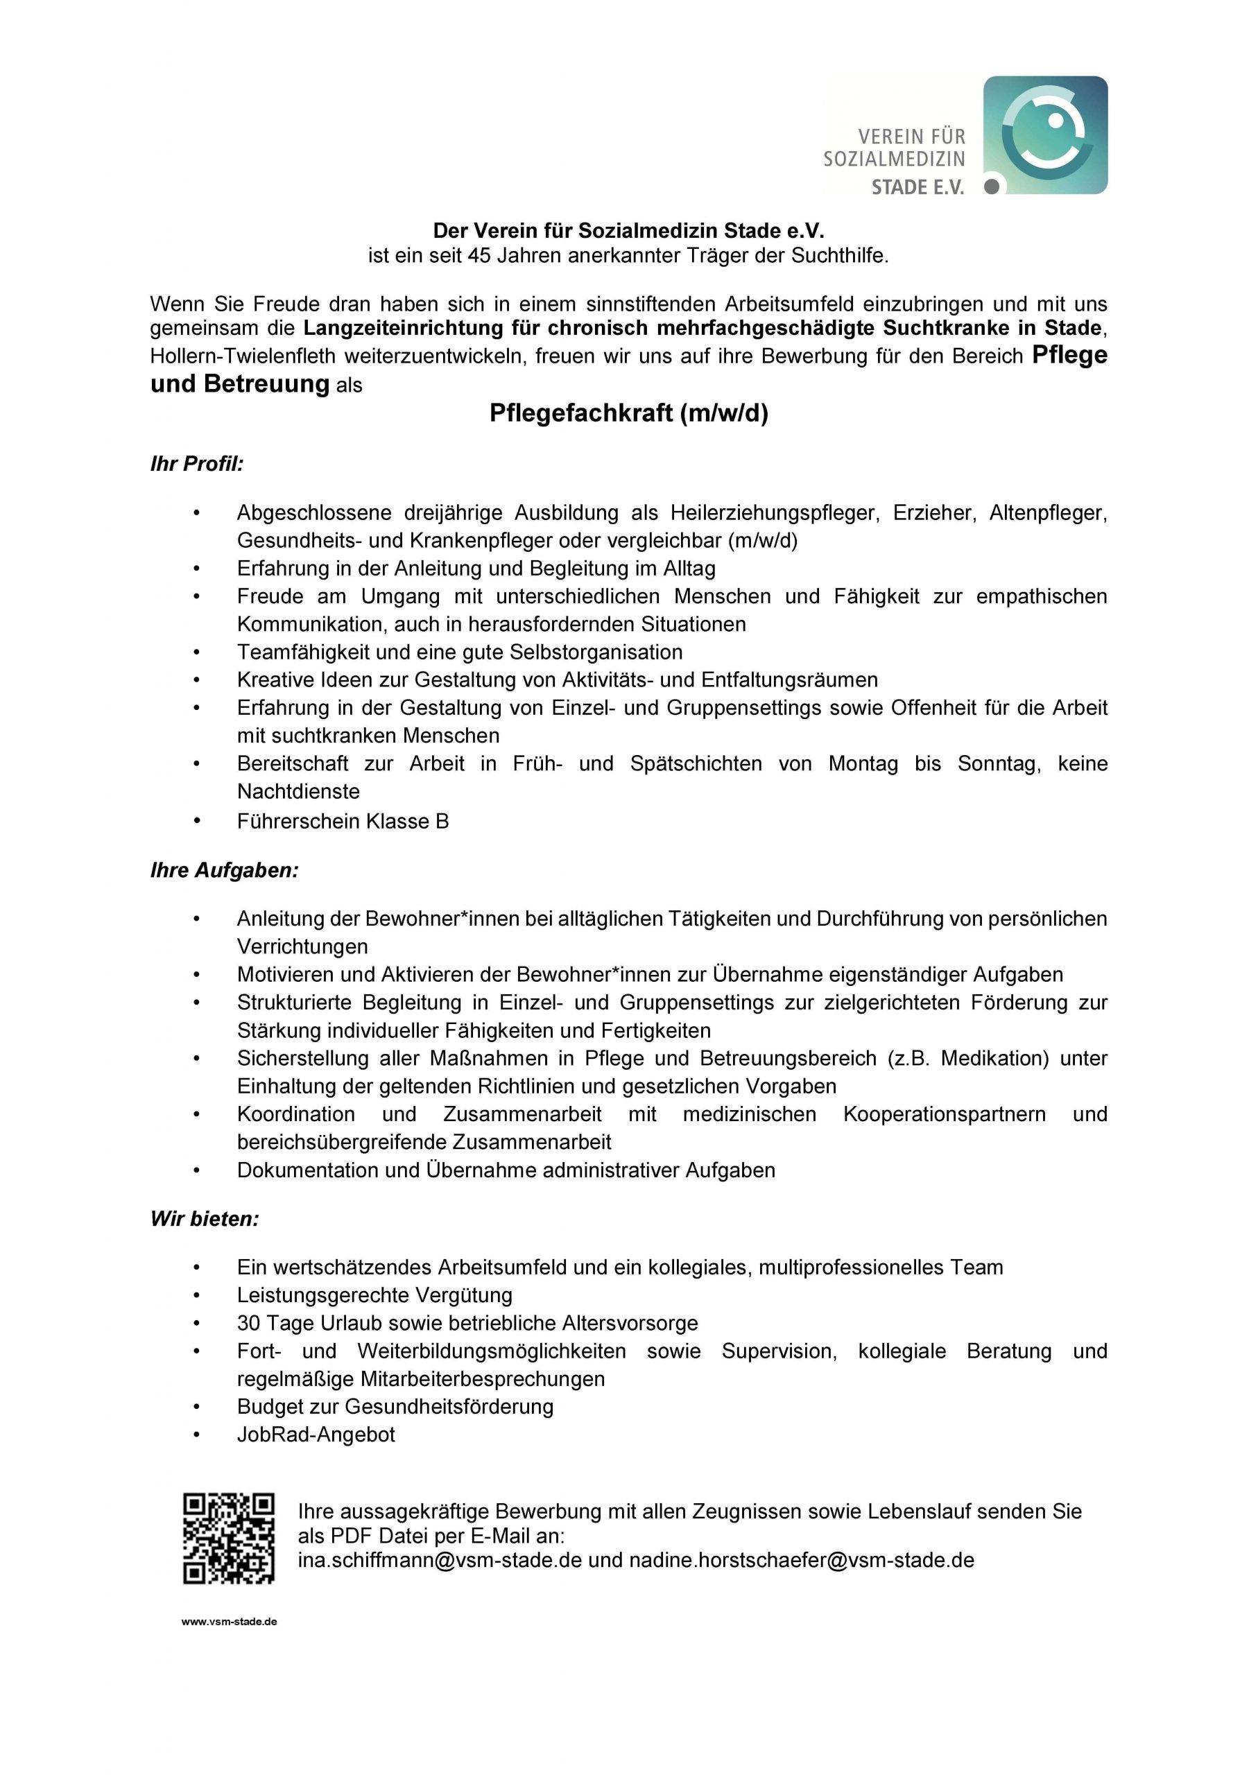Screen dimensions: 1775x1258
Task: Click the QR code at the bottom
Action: click(229, 1538)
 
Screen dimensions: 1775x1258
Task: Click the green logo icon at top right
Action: click(1045, 135)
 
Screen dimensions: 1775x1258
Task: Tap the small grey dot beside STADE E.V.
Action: click(991, 187)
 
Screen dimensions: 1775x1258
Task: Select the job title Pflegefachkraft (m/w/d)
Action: click(628, 413)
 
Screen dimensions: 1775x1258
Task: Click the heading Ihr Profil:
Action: click(197, 464)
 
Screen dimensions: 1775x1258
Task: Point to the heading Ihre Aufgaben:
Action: click(224, 870)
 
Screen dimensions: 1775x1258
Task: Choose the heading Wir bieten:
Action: click(205, 1219)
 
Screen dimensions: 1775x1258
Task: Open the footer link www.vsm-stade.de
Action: click(230, 1622)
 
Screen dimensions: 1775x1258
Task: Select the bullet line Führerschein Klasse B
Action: click(343, 821)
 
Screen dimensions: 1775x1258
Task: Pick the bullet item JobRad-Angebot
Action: click(316, 1435)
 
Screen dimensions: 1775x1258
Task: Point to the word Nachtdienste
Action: click(298, 792)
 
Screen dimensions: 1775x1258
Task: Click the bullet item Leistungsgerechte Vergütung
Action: click(374, 1295)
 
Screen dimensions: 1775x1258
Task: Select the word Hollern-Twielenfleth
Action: click(243, 356)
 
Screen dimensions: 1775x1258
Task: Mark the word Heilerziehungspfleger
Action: click(775, 512)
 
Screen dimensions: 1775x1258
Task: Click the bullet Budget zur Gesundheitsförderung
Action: click(395, 1406)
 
